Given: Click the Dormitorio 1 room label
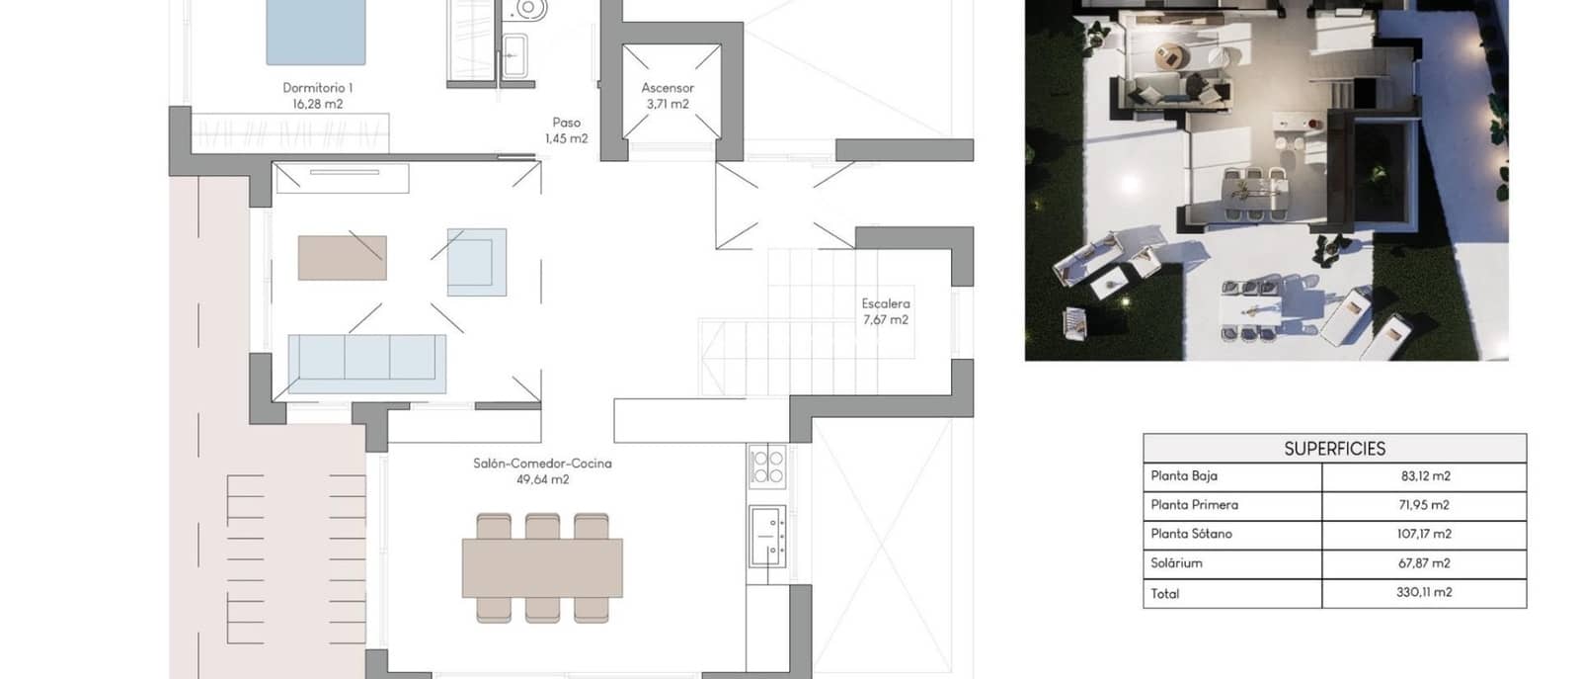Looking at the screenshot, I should (317, 88).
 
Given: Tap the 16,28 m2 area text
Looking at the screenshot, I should (317, 104).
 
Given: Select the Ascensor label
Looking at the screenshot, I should (668, 88).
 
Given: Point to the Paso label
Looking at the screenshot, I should (566, 123).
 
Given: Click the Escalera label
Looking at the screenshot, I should (885, 303).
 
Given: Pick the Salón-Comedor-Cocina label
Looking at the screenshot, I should (542, 463).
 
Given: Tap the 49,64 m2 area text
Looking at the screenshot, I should (542, 479).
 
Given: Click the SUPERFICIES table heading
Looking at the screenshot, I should (1334, 449).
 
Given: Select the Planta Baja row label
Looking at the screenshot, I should (1183, 475).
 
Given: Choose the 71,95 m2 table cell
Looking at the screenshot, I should (1424, 505).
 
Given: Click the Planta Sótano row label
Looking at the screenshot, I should (1191, 534).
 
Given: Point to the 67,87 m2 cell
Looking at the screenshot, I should (1424, 563).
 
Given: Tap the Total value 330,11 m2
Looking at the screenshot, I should (1424, 593).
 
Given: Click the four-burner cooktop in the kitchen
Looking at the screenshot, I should (767, 467).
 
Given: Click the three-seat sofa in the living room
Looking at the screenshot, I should (366, 357).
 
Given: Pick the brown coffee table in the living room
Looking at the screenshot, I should (342, 257).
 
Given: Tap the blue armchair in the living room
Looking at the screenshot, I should (476, 262).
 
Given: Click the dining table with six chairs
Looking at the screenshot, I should (542, 567).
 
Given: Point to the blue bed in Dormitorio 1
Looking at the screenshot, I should (315, 32).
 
